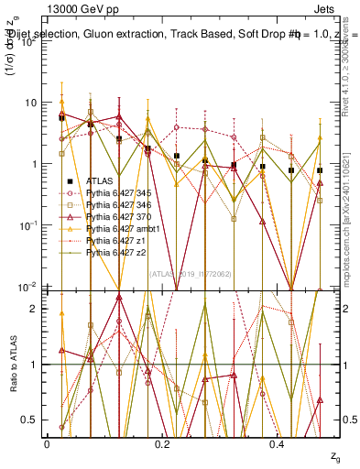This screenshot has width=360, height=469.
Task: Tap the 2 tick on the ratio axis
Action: point(38,309)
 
